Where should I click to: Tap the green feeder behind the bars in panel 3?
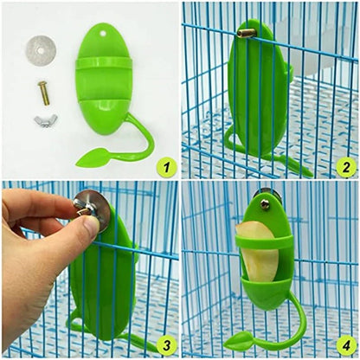(104, 286)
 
